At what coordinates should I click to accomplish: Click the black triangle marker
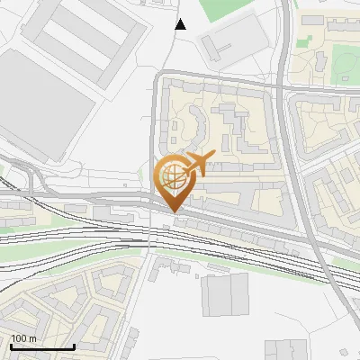181,24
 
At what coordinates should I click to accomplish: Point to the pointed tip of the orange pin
174,211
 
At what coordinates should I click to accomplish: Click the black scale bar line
41,347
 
